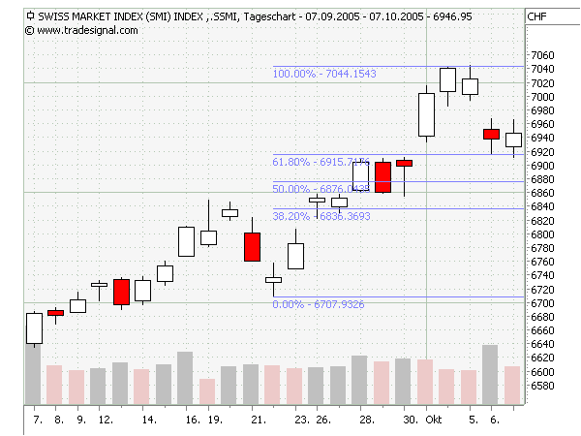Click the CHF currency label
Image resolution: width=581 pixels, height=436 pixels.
pos(537,16)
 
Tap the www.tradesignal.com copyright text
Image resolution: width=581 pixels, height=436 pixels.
pos(87,30)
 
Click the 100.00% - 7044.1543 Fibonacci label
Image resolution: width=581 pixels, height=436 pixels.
pos(324,73)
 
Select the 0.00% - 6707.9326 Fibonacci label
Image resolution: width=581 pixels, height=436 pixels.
pos(319,304)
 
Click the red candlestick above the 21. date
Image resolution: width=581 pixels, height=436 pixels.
pos(252,247)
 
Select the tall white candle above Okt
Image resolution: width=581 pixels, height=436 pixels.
pos(426,114)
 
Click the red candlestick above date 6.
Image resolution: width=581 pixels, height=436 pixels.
pos(492,134)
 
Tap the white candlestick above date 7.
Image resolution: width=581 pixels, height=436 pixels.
pos(34,328)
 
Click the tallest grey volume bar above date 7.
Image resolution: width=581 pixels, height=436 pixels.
pos(34,373)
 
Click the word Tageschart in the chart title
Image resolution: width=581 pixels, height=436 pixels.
pos(270,16)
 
